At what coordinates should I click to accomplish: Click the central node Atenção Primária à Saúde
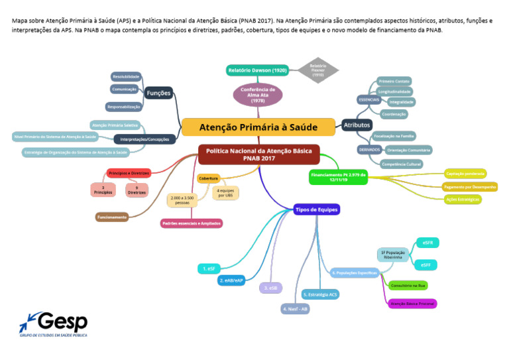click(258, 127)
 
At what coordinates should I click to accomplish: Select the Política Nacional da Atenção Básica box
click(258, 154)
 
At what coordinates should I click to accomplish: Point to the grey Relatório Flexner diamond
click(317, 70)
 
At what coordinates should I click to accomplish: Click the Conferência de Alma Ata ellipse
click(258, 94)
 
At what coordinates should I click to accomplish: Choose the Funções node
click(158, 93)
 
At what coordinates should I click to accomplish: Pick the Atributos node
click(357, 125)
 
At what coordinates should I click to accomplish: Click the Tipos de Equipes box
click(317, 210)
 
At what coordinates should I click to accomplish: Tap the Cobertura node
click(209, 178)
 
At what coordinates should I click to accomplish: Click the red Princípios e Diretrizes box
click(129, 173)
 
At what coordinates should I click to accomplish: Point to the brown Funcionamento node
click(112, 217)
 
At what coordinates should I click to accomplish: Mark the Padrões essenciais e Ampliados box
click(192, 223)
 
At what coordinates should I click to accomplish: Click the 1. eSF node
click(211, 269)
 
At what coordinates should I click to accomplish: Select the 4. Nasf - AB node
click(296, 308)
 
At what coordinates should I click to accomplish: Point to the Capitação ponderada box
click(468, 173)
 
